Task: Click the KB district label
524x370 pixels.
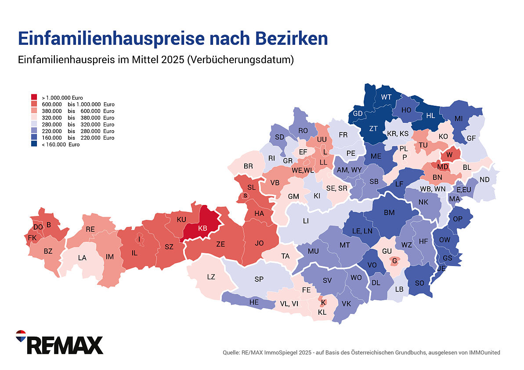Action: coord(202,228)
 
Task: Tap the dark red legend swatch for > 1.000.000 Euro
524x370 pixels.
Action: coord(34,97)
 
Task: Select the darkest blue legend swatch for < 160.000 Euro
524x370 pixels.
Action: coord(34,144)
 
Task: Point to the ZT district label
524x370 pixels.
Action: coord(373,129)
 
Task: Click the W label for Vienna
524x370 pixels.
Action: coord(449,155)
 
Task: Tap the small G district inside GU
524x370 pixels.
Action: coord(394,261)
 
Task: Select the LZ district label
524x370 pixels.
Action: coord(211,277)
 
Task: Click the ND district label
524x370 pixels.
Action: coord(484,180)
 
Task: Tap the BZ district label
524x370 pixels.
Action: coord(48,251)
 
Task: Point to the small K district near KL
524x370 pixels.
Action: coord(323,302)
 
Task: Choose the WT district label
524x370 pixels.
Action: coord(387,97)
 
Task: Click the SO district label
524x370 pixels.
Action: coord(419,283)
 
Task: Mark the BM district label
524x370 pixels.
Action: coord(389,212)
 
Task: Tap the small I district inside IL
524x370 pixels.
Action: coord(139,239)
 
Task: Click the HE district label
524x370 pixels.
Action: coord(254,302)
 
